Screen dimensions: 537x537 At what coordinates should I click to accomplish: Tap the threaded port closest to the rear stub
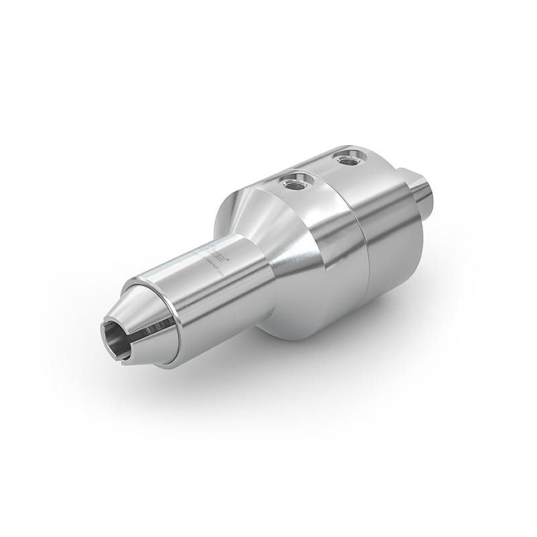click(347, 159)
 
